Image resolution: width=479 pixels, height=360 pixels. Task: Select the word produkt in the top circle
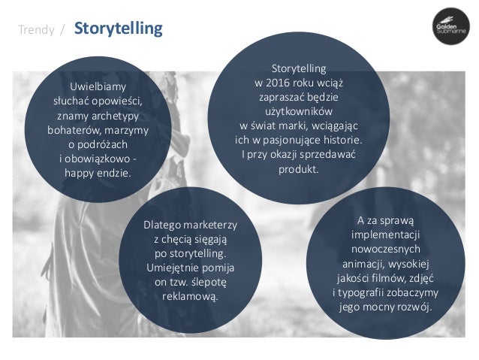[298, 168]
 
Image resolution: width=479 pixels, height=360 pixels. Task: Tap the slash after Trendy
[62, 31]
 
